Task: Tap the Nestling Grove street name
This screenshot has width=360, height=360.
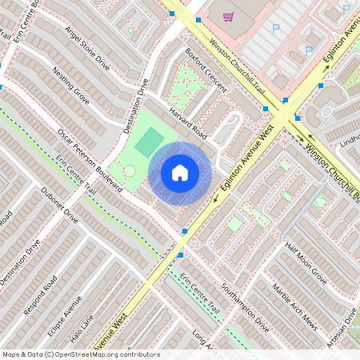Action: click(x=70, y=86)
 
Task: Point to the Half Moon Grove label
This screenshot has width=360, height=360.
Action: click(x=306, y=265)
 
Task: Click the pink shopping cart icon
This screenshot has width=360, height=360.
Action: click(x=229, y=15)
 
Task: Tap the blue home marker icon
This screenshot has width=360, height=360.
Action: click(x=180, y=172)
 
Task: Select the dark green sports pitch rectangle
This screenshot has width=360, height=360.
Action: click(x=148, y=143)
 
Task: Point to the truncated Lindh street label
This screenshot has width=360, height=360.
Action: click(x=350, y=142)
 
